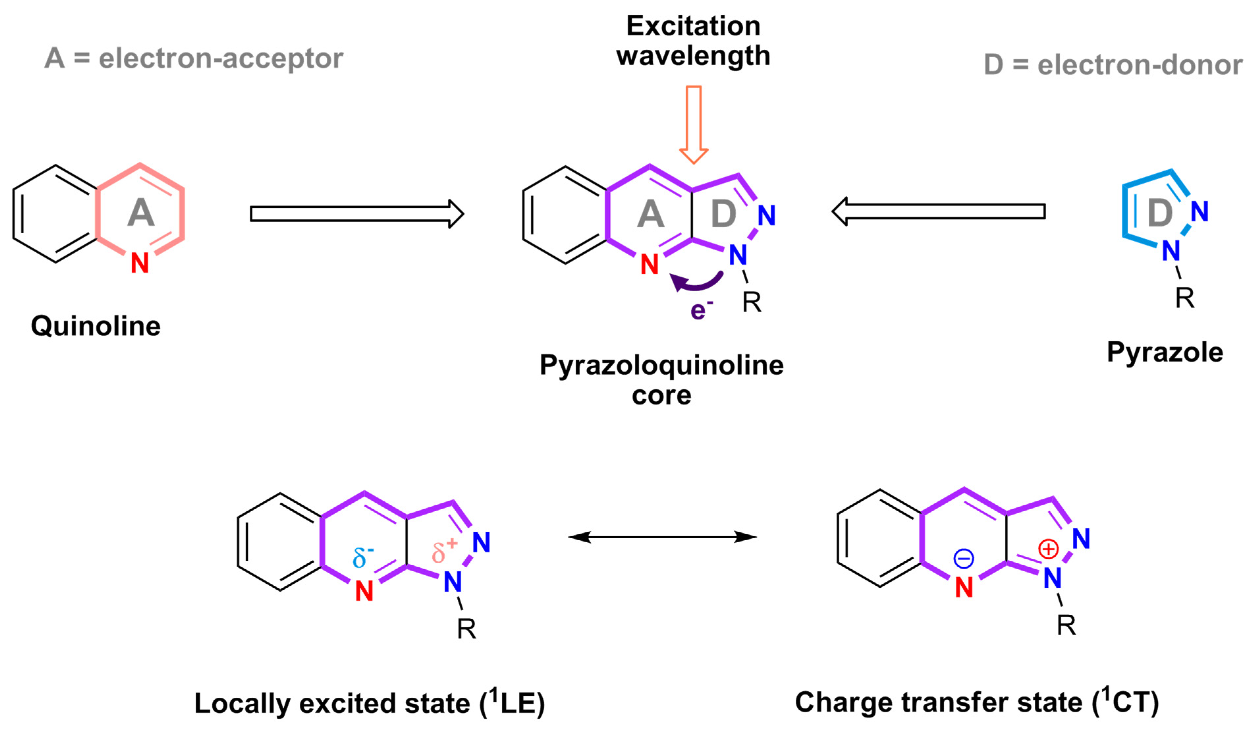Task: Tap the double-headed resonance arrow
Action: tap(662, 537)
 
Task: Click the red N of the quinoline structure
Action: tap(140, 263)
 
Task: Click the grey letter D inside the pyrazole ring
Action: tap(1160, 213)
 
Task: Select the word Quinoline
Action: tap(96, 326)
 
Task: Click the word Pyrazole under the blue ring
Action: tap(1165, 352)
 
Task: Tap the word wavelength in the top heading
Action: tap(693, 55)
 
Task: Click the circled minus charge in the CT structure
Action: tap(964, 558)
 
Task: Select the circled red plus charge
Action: tap(1048, 549)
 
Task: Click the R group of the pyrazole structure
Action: tap(1185, 298)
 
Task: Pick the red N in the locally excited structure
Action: tap(364, 591)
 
